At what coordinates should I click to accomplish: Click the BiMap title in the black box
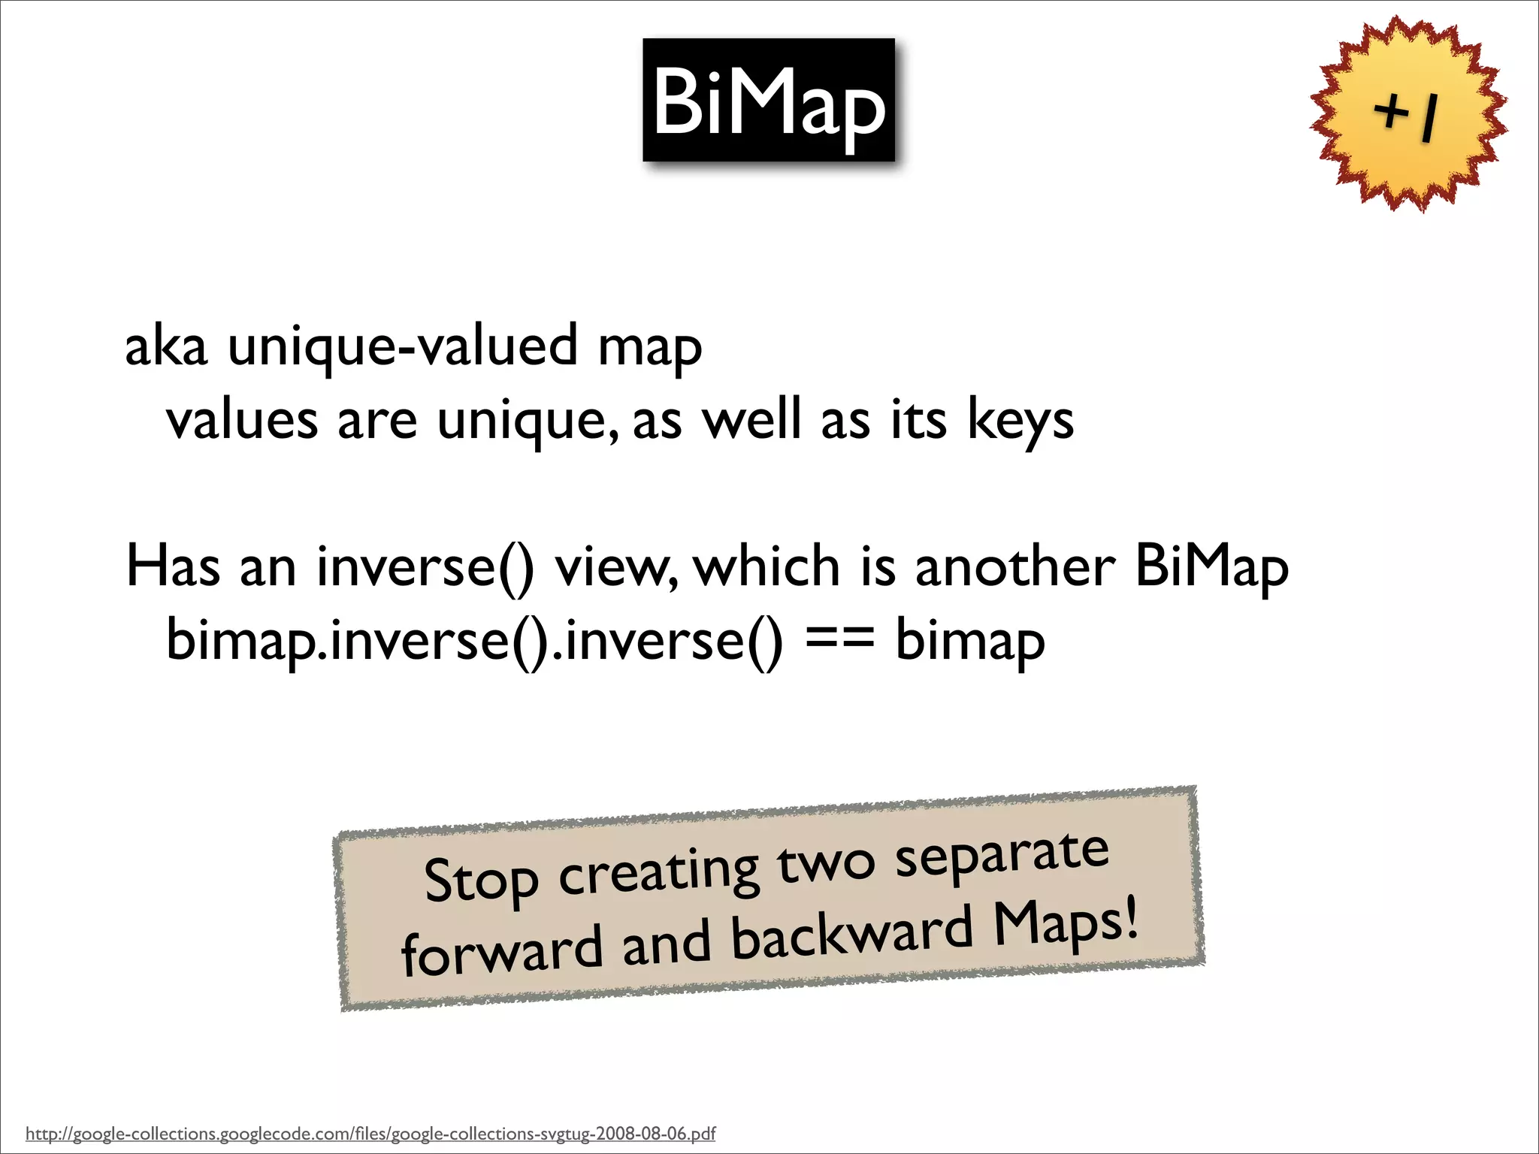point(769,101)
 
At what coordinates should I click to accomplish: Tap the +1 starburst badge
point(1407,114)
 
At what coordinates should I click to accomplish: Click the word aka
point(165,346)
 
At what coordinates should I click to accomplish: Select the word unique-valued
point(402,346)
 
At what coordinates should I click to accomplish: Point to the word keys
point(1020,420)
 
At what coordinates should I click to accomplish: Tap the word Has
point(173,566)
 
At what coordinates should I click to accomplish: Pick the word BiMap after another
point(1211,566)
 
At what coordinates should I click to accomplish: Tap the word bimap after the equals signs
point(969,640)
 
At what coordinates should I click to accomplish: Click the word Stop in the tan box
point(481,881)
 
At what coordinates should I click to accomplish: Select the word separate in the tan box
point(1002,856)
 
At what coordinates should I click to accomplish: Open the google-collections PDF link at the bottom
point(370,1133)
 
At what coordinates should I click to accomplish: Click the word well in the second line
point(751,420)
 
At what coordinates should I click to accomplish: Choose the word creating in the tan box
point(658,872)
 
